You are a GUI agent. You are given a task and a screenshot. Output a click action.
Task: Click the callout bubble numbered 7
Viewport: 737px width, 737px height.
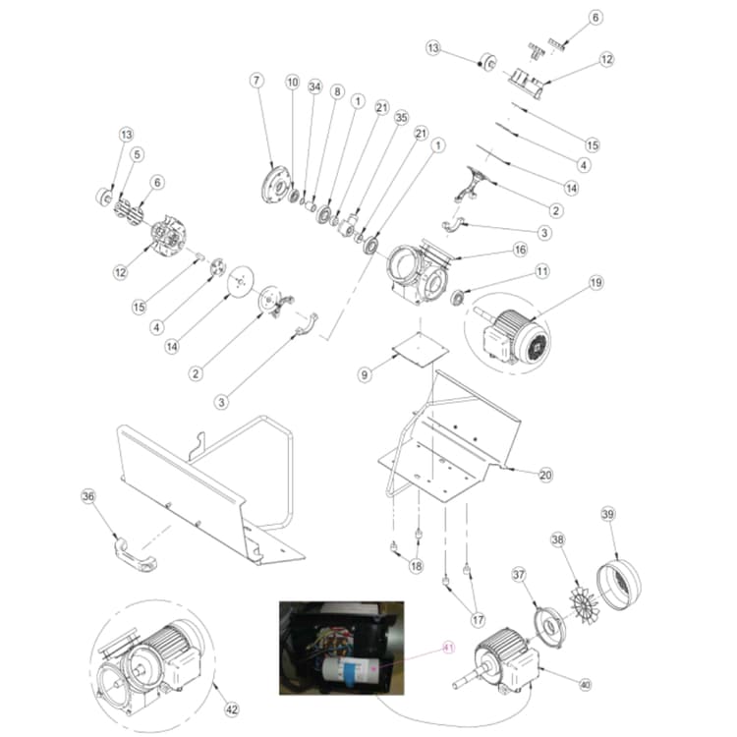click(x=257, y=80)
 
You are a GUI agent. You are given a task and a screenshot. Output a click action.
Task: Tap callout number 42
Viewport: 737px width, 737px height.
click(x=232, y=709)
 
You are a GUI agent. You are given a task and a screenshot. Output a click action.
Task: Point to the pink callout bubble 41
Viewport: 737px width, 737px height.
click(x=449, y=647)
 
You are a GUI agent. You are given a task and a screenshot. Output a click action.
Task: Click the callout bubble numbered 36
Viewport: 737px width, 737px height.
click(x=88, y=497)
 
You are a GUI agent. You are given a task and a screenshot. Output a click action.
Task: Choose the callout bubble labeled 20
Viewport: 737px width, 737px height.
click(x=545, y=474)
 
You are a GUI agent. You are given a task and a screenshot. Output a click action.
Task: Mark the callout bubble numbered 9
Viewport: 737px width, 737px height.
click(x=364, y=374)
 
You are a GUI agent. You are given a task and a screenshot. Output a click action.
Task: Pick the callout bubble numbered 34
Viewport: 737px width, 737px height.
click(x=314, y=87)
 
